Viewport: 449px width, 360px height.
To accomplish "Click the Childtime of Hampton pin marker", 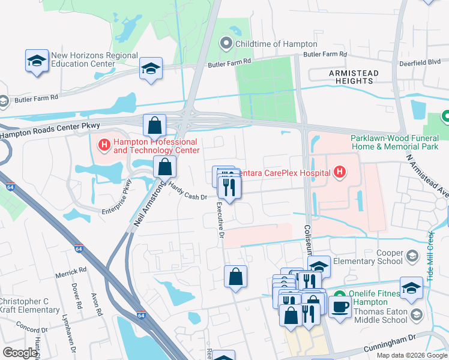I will click(x=226, y=43).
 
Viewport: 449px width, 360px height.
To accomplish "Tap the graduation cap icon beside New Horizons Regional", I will click(x=37, y=61).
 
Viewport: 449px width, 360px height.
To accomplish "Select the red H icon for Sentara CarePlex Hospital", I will click(x=340, y=173).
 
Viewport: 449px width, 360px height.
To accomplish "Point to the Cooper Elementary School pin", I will click(x=412, y=256).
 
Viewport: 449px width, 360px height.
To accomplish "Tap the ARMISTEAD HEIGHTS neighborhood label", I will click(x=354, y=77).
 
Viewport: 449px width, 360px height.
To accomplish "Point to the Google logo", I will click(x=20, y=353).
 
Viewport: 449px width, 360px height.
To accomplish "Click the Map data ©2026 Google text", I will click(x=412, y=355).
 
